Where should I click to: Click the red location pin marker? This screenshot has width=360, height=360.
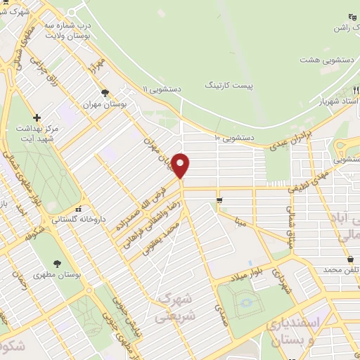pos(181,165)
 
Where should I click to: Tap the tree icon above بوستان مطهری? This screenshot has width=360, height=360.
pos(56,264)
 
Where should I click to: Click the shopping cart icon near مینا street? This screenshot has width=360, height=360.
pos(220,202)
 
